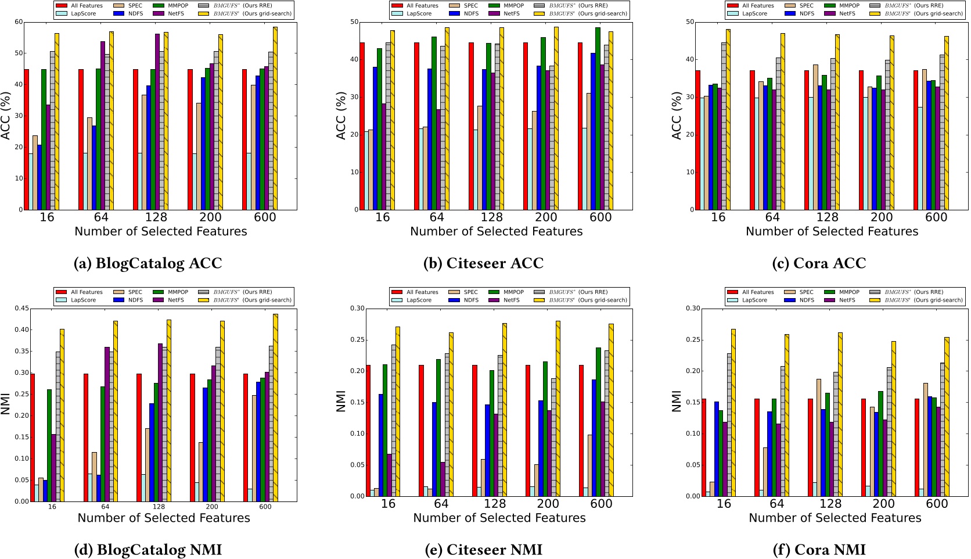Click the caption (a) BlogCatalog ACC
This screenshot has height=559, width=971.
point(148,263)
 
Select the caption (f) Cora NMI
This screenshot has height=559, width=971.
point(819,549)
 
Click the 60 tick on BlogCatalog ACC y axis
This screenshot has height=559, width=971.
point(19,22)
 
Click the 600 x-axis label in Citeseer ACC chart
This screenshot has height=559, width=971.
point(600,217)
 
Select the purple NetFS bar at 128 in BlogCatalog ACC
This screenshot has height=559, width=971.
point(157,121)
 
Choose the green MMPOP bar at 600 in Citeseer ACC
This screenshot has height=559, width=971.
point(598,119)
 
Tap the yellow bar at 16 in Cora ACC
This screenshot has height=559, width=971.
point(728,119)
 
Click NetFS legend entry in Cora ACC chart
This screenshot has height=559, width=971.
point(840,13)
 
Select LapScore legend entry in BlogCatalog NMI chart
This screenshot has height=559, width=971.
point(77,300)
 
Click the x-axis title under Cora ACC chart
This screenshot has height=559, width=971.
point(832,232)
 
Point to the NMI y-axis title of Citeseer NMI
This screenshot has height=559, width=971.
point(341,402)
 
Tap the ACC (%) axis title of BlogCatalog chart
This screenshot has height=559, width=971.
point(6,116)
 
